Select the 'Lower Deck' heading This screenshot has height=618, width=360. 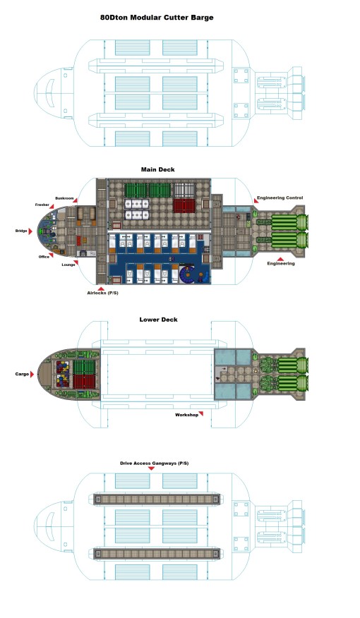tap(158, 320)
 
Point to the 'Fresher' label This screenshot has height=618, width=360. tap(42, 205)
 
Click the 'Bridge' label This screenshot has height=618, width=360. tap(23, 231)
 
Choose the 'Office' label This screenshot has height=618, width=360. tap(44, 257)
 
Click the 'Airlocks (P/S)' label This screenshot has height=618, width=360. tap(102, 293)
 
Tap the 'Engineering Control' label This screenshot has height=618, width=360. tap(280, 198)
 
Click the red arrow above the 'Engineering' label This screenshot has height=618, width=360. tap(281, 258)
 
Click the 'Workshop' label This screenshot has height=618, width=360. tap(186, 415)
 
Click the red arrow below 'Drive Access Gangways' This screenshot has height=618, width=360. tap(151, 469)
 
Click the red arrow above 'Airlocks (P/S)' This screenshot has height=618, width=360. tap(102, 287)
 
